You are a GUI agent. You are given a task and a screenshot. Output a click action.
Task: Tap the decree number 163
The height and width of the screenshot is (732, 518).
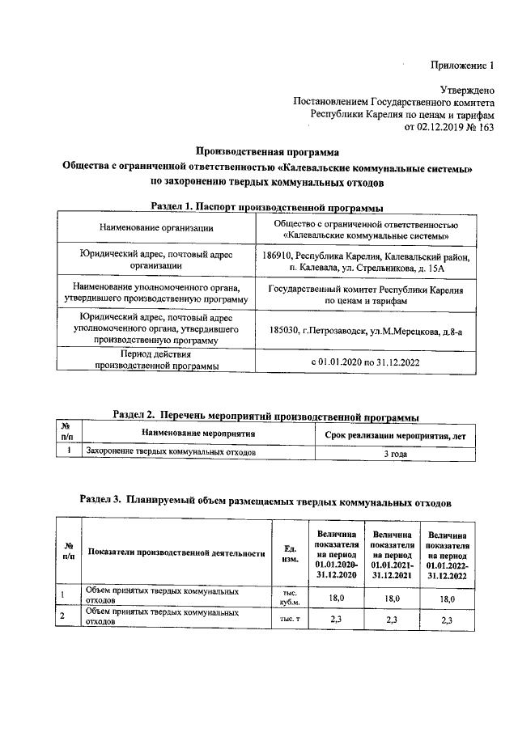[x=484, y=126]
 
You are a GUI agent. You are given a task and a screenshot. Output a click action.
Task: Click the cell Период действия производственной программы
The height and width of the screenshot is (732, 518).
[x=156, y=361]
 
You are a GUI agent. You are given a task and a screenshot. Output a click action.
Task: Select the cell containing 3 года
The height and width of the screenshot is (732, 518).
[x=395, y=454]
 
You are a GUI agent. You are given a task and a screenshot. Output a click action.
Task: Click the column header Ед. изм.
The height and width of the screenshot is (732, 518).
[x=289, y=554]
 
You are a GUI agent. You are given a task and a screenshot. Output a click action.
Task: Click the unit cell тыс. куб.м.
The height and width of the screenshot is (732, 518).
[x=289, y=598]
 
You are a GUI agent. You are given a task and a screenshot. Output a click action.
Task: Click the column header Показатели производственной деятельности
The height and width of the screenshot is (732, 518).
[x=176, y=554]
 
